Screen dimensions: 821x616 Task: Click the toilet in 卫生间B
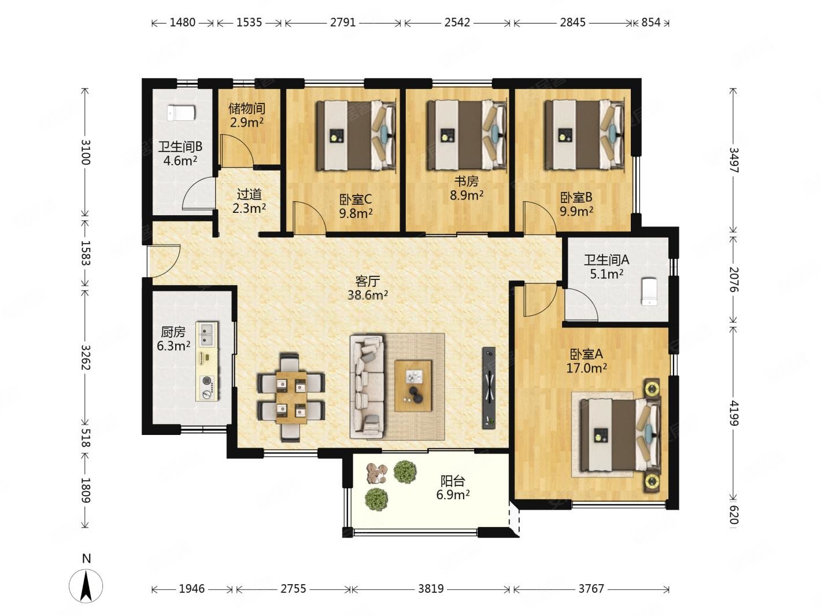(x=181, y=113)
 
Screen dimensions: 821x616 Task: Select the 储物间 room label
(x=246, y=109)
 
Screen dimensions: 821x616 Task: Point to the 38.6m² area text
(x=367, y=295)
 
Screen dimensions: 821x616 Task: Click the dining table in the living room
(x=291, y=397)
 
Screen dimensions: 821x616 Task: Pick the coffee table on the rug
(x=413, y=386)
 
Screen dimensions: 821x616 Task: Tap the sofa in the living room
(x=367, y=386)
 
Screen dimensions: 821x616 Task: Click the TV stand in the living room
(x=489, y=388)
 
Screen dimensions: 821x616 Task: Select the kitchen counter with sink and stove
(x=207, y=361)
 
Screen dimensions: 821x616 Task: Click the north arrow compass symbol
(x=86, y=586)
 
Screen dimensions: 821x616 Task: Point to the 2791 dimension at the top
(x=343, y=23)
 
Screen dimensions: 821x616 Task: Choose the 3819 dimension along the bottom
(x=431, y=589)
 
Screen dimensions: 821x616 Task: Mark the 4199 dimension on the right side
(x=734, y=414)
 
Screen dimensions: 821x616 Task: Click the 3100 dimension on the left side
(x=86, y=152)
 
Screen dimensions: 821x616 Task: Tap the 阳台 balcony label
(x=453, y=481)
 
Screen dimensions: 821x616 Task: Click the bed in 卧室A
(x=620, y=434)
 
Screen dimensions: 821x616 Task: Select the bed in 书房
(x=468, y=135)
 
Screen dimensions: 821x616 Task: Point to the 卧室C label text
(x=356, y=200)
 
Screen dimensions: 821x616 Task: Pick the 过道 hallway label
(x=249, y=194)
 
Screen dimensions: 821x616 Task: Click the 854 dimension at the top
(x=651, y=23)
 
